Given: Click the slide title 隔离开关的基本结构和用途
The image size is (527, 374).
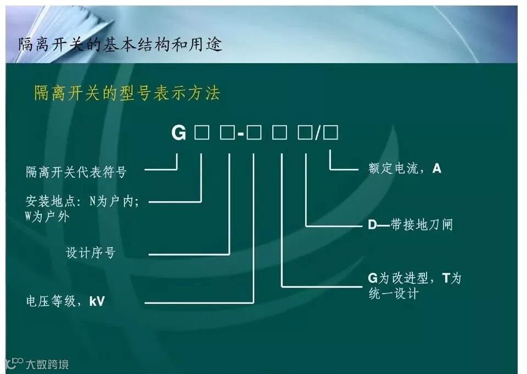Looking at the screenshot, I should [120, 44].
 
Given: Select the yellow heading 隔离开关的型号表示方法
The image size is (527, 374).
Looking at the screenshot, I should [127, 92].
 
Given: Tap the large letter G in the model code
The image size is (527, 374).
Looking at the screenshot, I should [179, 133].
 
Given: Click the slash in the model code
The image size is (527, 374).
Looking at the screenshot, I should [318, 134].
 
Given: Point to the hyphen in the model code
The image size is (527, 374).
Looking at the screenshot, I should [240, 134].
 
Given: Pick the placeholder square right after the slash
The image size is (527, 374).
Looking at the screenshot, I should [332, 133].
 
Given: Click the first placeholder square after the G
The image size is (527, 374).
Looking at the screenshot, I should [201, 133].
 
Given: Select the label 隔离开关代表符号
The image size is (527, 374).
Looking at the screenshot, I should [76, 172].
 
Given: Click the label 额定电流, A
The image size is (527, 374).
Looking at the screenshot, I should [405, 168].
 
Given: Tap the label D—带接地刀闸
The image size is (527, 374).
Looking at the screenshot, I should [410, 224].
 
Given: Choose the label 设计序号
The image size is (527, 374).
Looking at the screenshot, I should [91, 253].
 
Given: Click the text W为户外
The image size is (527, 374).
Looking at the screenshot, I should [47, 216].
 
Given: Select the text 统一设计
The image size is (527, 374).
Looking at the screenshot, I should [393, 294].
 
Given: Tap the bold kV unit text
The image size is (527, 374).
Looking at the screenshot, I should [97, 301].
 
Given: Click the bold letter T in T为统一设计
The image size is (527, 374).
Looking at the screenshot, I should [446, 278].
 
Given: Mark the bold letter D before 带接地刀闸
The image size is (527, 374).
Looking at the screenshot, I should [372, 224].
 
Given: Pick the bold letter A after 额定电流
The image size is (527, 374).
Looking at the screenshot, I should [437, 168].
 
